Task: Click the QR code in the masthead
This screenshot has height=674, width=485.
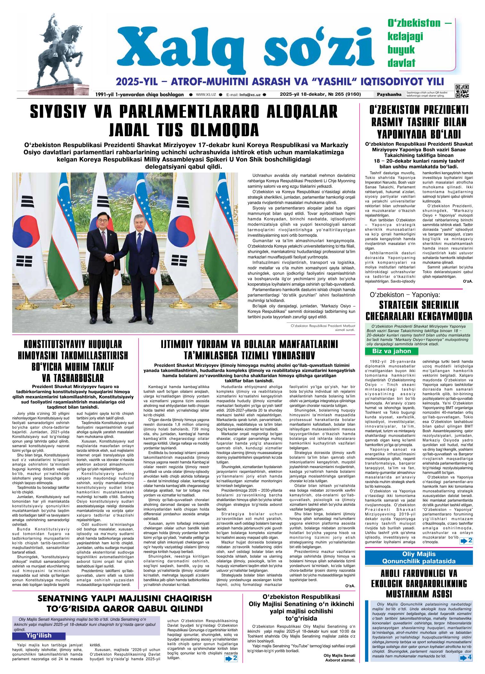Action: (x=462, y=91)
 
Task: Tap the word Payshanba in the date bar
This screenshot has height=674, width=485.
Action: (x=389, y=94)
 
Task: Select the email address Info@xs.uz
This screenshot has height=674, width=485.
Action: (x=250, y=95)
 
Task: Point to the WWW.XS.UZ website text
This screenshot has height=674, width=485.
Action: (x=206, y=94)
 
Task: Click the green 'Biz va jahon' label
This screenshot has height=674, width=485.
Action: (x=391, y=351)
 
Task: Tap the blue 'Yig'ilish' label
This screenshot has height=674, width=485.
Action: (x=38, y=636)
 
